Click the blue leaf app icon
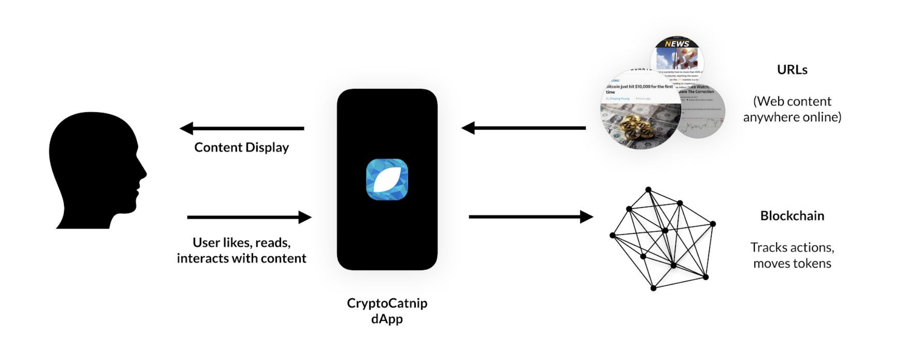pos(387,180)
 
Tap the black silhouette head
pos(94,171)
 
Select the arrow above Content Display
pos(242,128)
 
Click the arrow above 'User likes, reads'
pos(249,217)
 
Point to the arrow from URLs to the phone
pos(523,128)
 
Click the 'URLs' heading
pos(792,70)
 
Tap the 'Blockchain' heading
pos(792,216)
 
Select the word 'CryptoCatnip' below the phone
pos(387,303)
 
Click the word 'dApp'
pos(387,319)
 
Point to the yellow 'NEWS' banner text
pos(677,44)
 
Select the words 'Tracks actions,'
pos(792,247)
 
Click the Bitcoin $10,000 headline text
pos(640,87)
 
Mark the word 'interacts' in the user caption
pos(202,258)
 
